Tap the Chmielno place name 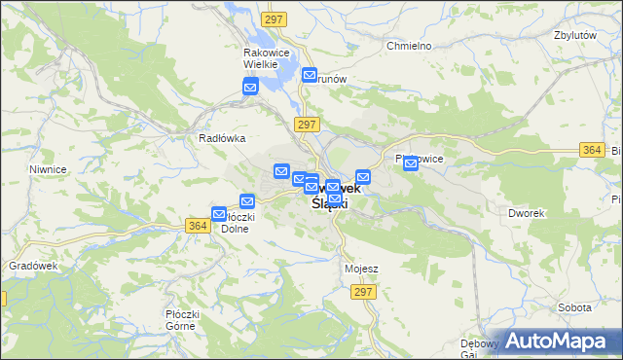pyautogui.click(x=408, y=46)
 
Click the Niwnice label pyautogui.click(x=47, y=168)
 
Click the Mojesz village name pyautogui.click(x=361, y=269)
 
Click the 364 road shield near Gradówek pyautogui.click(x=198, y=225)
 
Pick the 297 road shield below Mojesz pyautogui.click(x=363, y=292)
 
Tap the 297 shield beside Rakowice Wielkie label pyautogui.click(x=272, y=18)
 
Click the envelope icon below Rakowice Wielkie pyautogui.click(x=250, y=89)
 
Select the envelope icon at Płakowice pyautogui.click(x=411, y=164)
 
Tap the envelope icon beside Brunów pyautogui.click(x=310, y=75)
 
